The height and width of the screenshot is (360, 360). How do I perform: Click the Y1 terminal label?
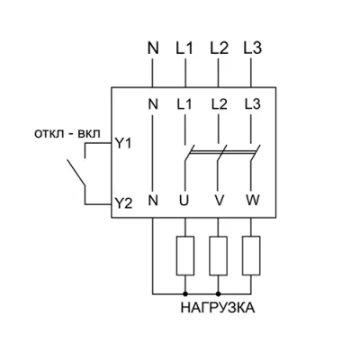click(123, 144)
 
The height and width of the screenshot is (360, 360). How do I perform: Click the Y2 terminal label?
click(123, 204)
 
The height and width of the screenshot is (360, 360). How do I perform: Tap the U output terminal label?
click(184, 200)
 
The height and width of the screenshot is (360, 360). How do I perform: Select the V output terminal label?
click(220, 200)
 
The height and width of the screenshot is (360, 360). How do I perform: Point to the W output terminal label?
click(253, 200)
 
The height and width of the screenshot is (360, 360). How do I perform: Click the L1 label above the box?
click(184, 48)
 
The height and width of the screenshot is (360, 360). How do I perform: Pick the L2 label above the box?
click(219, 48)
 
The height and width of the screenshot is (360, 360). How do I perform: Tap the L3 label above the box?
click(253, 48)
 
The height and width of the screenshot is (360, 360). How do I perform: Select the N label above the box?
click(153, 48)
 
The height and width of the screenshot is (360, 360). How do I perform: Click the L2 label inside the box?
click(219, 104)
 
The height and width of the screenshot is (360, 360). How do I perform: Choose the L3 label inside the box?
click(253, 104)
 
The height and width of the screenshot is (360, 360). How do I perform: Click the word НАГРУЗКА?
click(218, 308)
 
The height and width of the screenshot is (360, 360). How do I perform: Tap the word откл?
click(49, 134)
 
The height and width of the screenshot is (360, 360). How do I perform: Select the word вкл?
click(89, 134)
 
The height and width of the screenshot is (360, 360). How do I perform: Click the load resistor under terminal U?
click(185, 256)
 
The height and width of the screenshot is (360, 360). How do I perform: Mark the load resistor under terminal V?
click(218, 256)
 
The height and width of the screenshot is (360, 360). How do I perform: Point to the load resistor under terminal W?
click(251, 256)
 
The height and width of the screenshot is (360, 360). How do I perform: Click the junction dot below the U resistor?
click(185, 293)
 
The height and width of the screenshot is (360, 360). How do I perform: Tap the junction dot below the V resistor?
click(218, 293)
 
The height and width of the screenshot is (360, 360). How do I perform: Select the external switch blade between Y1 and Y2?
click(76, 173)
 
